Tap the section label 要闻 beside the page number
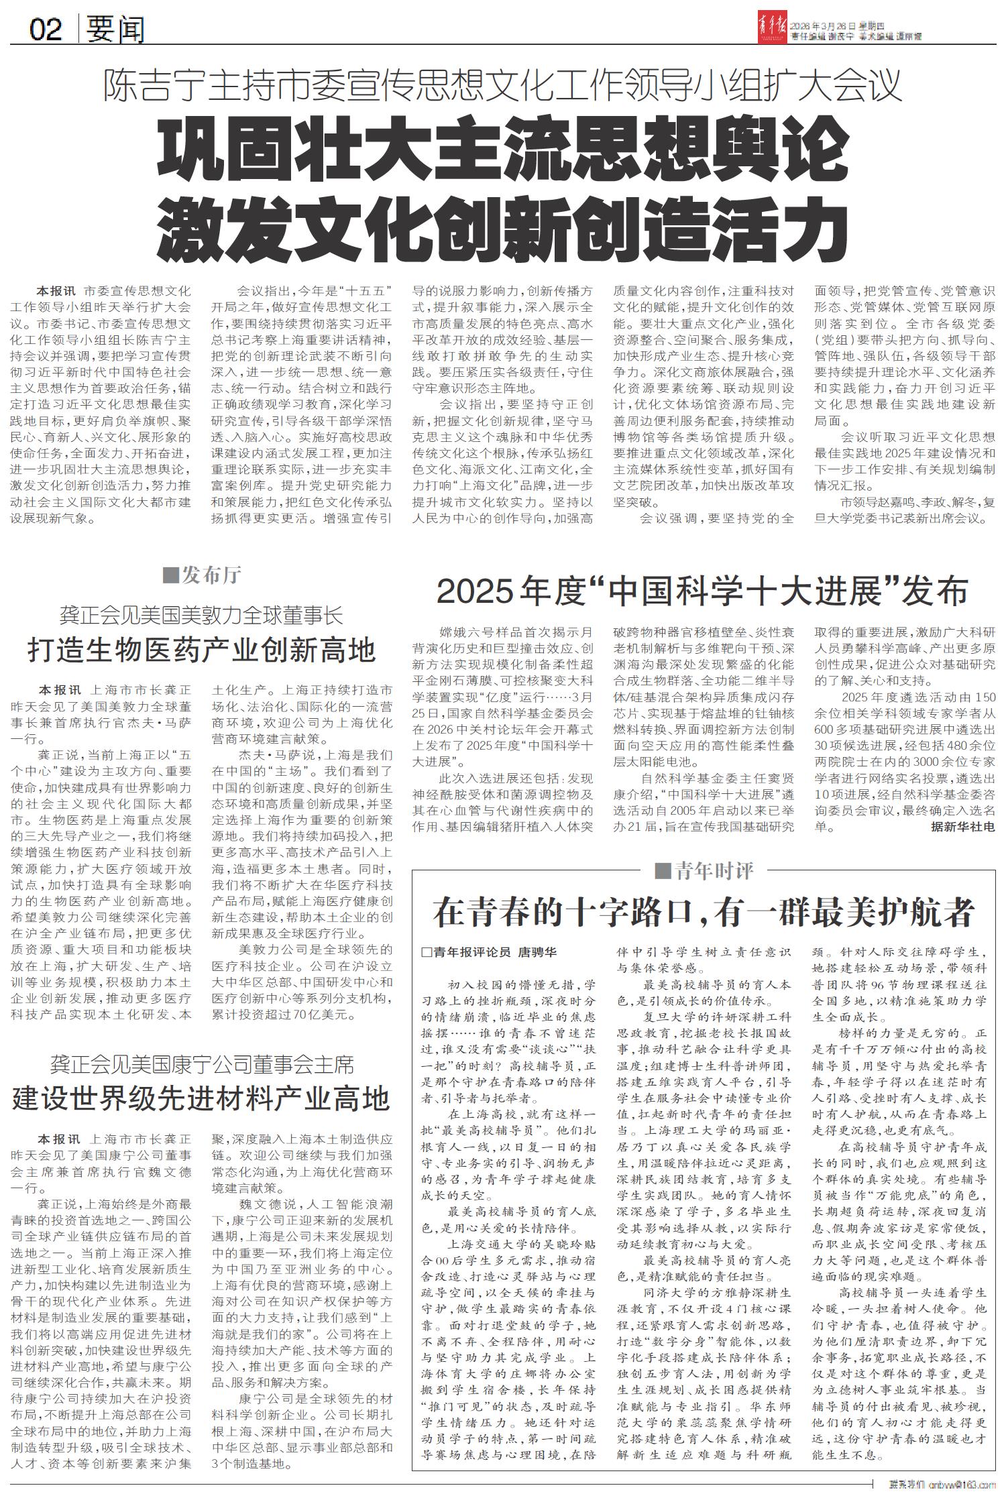tap(115, 30)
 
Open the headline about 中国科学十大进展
tap(702, 592)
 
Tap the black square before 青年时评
tap(663, 871)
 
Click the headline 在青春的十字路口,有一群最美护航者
tap(704, 912)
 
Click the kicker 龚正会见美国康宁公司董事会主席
tap(202, 1064)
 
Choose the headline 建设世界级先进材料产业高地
tap(202, 1098)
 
